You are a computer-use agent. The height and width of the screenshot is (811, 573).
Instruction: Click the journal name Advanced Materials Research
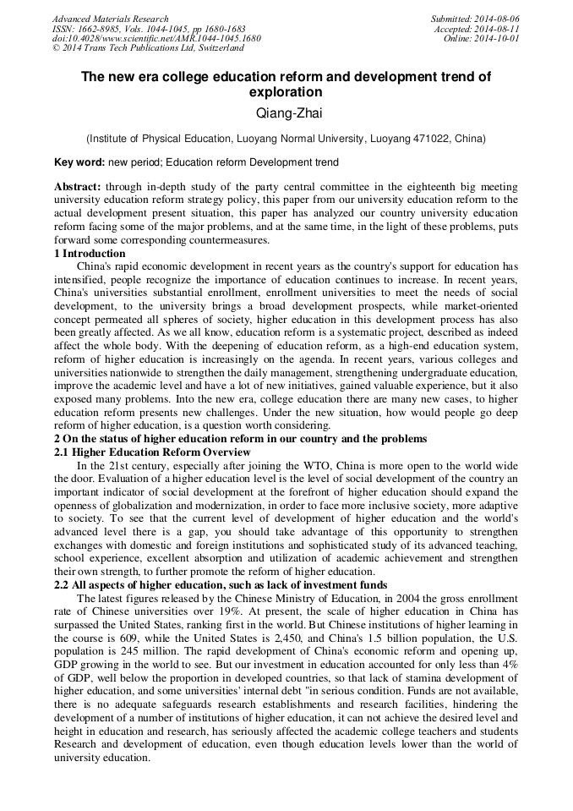click(111, 19)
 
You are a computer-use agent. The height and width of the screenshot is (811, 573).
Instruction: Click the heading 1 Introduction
click(90, 253)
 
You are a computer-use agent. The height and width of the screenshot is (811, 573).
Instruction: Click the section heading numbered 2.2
click(221, 585)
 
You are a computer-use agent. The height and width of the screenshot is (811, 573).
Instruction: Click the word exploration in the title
click(286, 91)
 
